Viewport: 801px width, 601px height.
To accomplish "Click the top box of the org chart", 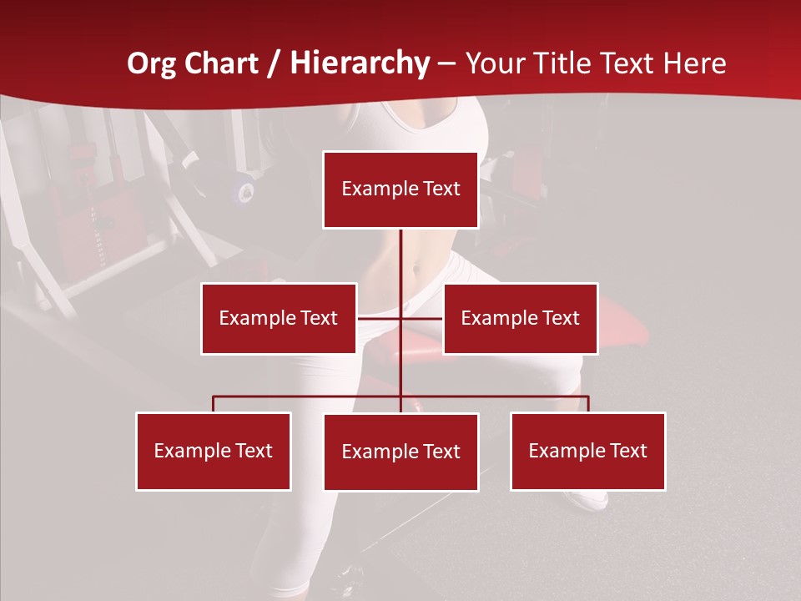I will (400, 189).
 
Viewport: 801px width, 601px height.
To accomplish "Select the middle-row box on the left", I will (279, 318).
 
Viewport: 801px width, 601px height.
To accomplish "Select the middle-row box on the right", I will (520, 318).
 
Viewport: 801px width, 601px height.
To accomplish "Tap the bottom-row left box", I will (214, 451).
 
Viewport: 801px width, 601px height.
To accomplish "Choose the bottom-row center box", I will (400, 452).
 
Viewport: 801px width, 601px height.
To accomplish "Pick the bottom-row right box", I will (588, 451).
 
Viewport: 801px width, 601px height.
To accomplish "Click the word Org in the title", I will (151, 63).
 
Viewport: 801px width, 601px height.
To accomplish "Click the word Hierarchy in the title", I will (360, 63).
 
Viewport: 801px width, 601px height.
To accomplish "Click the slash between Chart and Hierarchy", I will (274, 64).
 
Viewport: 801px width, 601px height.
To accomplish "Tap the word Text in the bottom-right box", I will (628, 451).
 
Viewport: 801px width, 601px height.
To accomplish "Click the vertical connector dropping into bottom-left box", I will (214, 404).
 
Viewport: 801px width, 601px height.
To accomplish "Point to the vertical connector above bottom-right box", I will (588, 404).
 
